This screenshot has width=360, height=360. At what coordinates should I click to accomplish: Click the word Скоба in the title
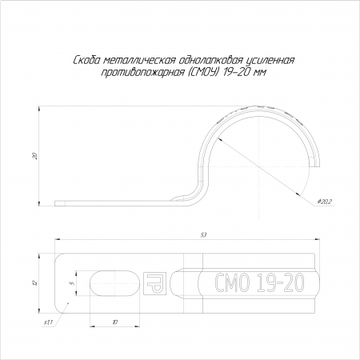[86, 61]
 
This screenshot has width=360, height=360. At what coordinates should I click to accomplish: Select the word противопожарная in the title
[142, 73]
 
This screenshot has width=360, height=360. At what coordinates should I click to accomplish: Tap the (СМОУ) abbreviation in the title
[202, 73]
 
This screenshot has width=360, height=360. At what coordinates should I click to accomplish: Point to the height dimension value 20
[34, 156]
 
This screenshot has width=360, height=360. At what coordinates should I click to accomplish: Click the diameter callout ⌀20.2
[325, 202]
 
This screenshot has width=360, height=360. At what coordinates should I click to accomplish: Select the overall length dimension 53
[204, 235]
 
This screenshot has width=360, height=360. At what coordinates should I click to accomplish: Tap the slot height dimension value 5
[71, 283]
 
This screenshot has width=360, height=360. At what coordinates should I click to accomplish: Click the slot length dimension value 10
[114, 322]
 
